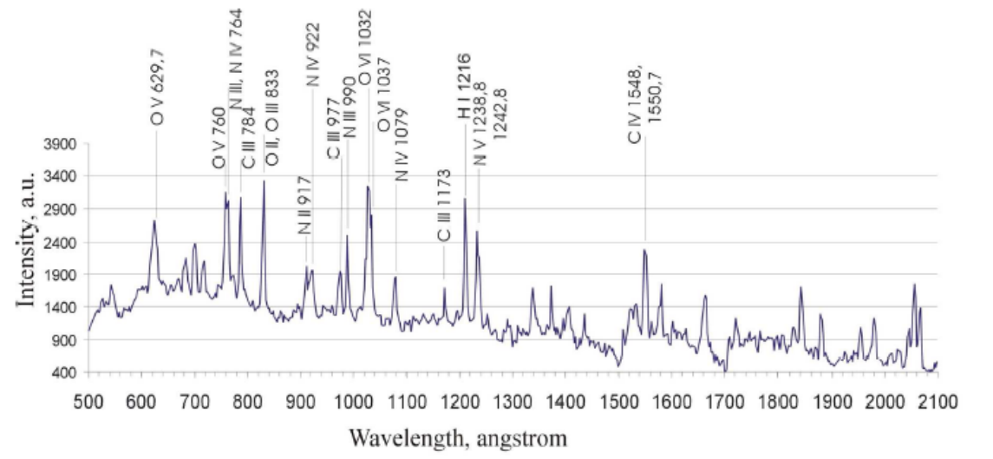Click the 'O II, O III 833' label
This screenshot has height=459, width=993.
pyautogui.click(x=272, y=118)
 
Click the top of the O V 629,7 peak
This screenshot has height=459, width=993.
pyautogui.click(x=154, y=220)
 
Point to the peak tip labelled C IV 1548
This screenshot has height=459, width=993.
pyautogui.click(x=644, y=250)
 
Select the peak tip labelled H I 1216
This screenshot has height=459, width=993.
pyautogui.click(x=465, y=199)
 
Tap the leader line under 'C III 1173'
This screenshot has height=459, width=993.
pyautogui.click(x=444, y=266)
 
